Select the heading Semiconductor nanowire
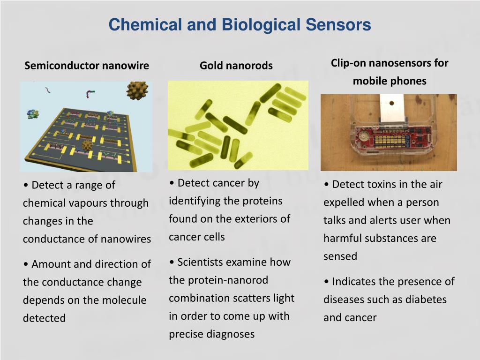87,66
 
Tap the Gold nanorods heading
236,66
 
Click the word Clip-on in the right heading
348,63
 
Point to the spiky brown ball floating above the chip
137,90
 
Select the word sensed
340,256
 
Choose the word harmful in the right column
341,239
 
